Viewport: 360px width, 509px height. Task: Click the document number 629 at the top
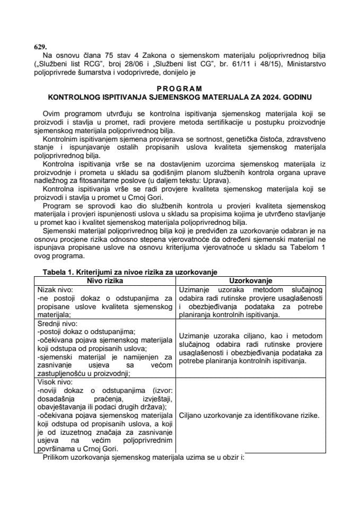(x=39, y=47)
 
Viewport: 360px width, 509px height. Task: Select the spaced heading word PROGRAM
(x=179, y=89)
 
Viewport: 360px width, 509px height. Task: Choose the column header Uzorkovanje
(x=251, y=280)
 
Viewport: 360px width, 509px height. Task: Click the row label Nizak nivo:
(x=56, y=288)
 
